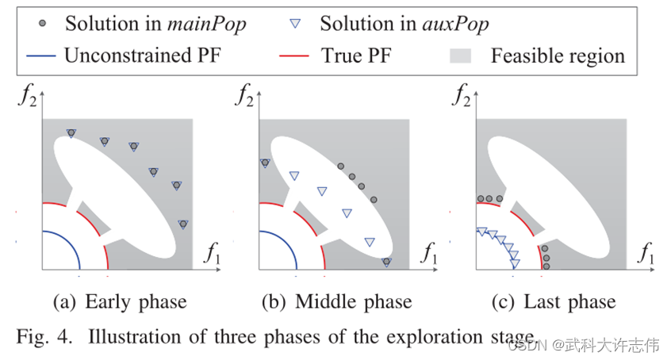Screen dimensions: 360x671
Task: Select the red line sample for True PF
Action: [x=295, y=56]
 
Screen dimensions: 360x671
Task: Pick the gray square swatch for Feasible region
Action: [x=464, y=56]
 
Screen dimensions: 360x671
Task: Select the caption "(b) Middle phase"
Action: [x=337, y=301]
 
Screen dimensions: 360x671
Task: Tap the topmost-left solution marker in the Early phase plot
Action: [x=71, y=133]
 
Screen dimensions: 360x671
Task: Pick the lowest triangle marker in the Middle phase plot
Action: [x=386, y=261]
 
